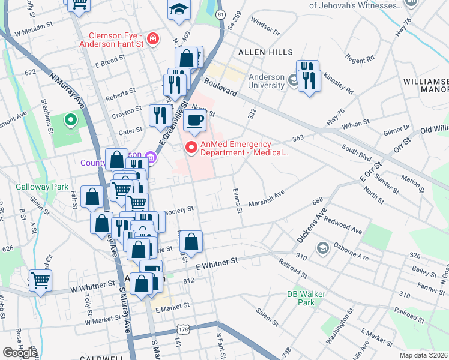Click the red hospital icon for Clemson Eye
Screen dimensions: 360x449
tap(154, 40)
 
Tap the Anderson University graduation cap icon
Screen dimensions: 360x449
tap(293, 79)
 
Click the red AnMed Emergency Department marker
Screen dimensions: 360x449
tap(191, 147)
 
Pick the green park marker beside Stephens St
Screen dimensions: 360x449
tap(70, 121)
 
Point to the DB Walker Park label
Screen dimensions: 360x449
tap(301, 298)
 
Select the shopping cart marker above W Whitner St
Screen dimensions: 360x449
tap(40, 280)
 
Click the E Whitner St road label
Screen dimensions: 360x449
tap(217, 262)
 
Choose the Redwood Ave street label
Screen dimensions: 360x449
tap(343, 226)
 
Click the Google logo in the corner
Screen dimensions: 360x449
tap(20, 353)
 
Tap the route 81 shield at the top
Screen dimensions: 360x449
tap(221, 14)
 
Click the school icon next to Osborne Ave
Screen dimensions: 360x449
tap(322, 248)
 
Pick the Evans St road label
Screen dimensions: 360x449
tap(238, 199)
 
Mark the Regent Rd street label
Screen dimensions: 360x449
tap(360, 59)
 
